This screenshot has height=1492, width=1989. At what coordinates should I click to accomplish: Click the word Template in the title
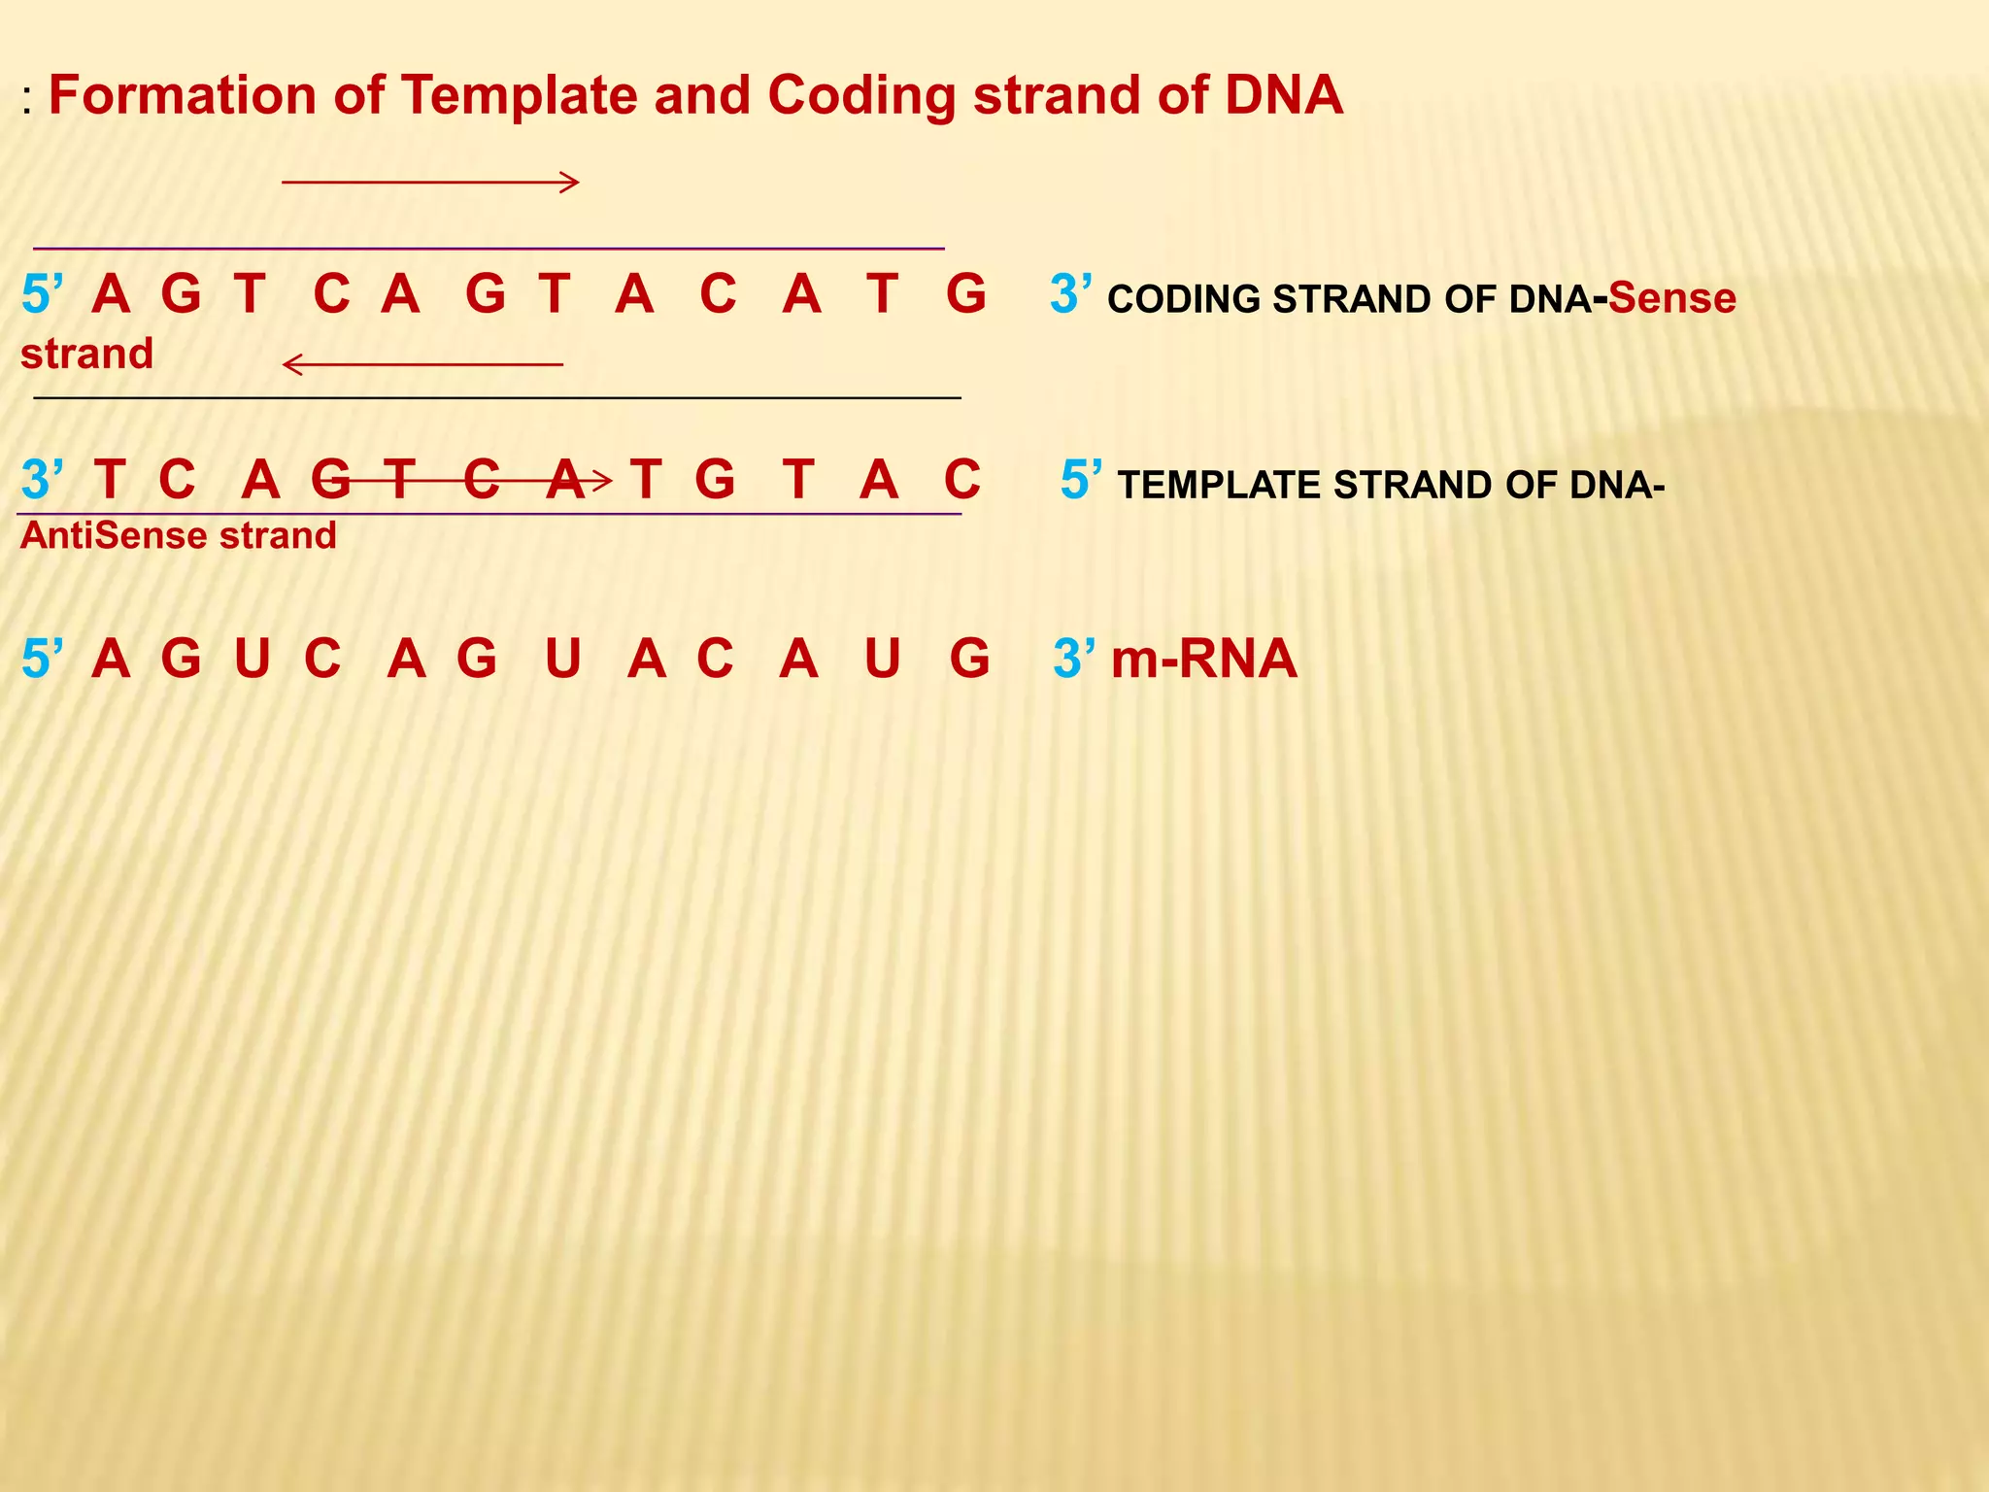[x=519, y=96]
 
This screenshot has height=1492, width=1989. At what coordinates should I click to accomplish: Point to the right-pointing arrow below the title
[x=430, y=182]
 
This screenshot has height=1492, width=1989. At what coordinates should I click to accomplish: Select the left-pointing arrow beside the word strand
[x=422, y=364]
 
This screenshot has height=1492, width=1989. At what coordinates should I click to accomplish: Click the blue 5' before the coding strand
[x=42, y=294]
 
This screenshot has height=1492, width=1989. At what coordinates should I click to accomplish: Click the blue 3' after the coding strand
[x=1069, y=294]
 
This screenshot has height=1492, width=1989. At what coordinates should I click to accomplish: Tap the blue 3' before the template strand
[x=42, y=480]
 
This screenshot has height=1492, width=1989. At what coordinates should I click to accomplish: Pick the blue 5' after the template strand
[x=1080, y=480]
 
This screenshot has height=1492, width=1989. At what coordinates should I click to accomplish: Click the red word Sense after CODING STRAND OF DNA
[x=1671, y=298]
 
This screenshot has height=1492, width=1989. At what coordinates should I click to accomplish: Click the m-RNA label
[x=1203, y=660]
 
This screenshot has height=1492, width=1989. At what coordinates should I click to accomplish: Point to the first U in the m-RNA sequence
[x=253, y=660]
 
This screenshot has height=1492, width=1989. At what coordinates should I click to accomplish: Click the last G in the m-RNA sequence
[x=969, y=660]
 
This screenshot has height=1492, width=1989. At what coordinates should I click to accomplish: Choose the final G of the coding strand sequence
[x=966, y=294]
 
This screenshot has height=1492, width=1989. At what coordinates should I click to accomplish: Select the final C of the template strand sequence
[x=961, y=480]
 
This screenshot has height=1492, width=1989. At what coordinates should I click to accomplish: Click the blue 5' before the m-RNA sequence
[x=42, y=660]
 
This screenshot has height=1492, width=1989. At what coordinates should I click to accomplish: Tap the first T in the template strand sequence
[x=110, y=480]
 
